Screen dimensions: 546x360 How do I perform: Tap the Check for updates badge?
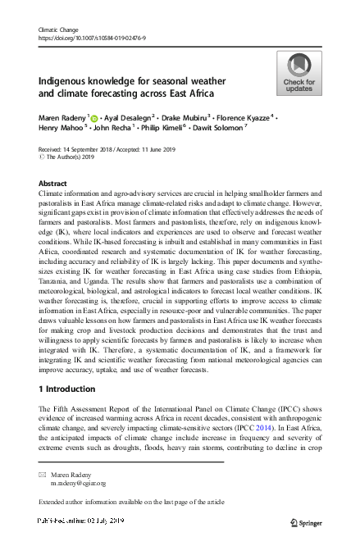(x=298, y=73)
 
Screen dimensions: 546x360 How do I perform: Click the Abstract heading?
(x=53, y=184)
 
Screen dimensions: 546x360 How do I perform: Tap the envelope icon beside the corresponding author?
(x=43, y=475)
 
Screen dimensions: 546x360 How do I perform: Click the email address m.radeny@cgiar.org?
(x=79, y=484)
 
